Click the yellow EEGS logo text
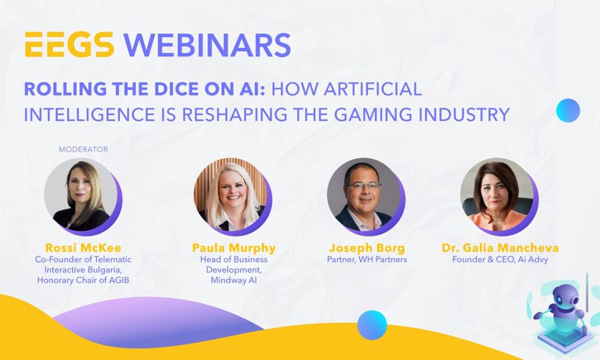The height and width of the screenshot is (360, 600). (x=68, y=45)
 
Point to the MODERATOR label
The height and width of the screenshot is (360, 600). (x=83, y=149)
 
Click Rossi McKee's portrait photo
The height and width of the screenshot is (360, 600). (x=81, y=195)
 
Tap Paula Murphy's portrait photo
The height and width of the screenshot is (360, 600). (x=230, y=195)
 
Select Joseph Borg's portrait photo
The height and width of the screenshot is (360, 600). (x=363, y=195)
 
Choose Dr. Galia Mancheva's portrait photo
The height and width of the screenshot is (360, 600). (x=496, y=195)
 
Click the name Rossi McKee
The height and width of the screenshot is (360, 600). (x=81, y=248)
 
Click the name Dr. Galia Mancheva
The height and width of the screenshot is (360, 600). (x=500, y=248)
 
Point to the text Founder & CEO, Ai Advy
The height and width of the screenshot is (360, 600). (x=500, y=260)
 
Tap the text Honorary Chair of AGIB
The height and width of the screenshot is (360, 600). (x=81, y=279)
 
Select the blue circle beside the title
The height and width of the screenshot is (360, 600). (x=568, y=110)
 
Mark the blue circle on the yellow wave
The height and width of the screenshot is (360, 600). (x=372, y=325)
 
